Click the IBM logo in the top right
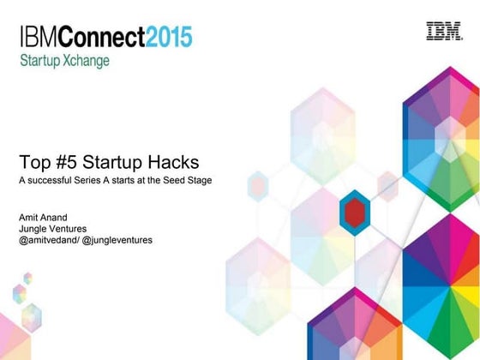(x=444, y=31)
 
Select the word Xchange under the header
(x=89, y=62)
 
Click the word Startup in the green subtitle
(x=40, y=62)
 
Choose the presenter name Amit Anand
(x=43, y=217)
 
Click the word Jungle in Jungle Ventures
(x=33, y=229)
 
